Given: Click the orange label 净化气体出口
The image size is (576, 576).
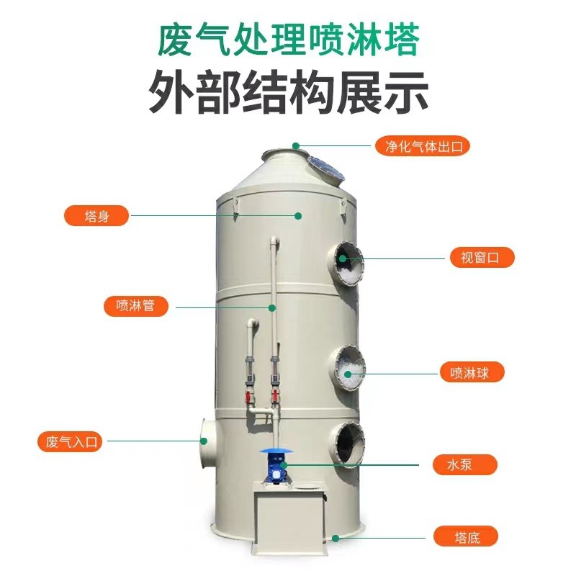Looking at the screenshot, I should click(423, 145).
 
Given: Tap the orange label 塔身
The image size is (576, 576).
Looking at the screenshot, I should click(96, 215).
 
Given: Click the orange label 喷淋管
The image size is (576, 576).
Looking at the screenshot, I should click(135, 305).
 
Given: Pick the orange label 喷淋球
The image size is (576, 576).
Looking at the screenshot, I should click(472, 372).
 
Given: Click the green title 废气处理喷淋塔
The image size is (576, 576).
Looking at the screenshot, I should click(288, 39).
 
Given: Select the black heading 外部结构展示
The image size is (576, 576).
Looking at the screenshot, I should click(288, 91).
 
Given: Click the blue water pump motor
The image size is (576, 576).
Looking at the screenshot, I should click(274, 469).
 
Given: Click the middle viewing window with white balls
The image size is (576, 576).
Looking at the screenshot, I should click(349, 367).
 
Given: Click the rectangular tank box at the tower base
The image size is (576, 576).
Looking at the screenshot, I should click(288, 523).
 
